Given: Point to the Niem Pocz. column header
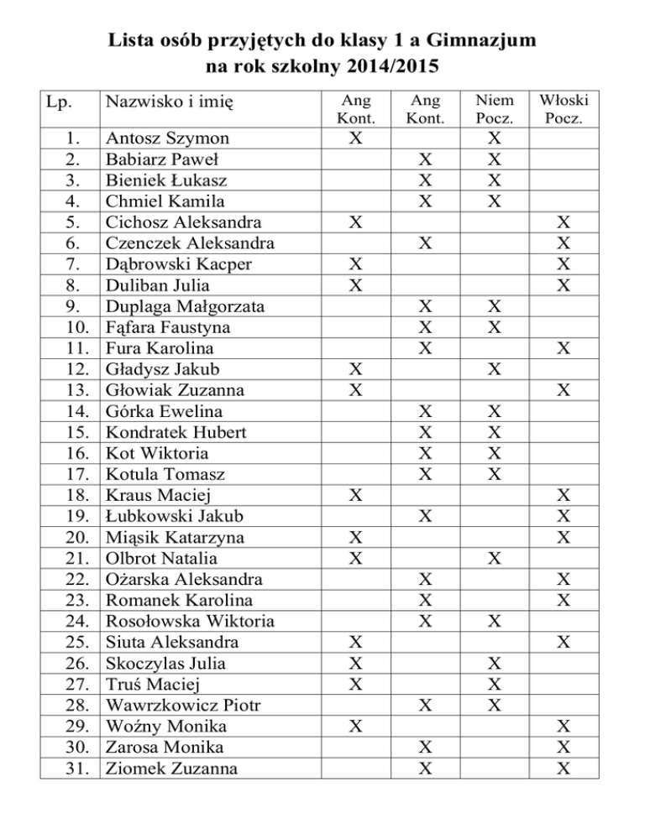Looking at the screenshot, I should (x=496, y=108).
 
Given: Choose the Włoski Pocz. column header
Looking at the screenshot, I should (x=566, y=108).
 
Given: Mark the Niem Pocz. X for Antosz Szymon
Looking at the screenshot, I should (x=496, y=138).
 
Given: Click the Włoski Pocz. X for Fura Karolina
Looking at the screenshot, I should (x=566, y=347).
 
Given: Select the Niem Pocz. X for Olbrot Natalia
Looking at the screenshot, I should (x=496, y=558).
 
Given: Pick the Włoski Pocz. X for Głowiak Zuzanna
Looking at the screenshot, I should (x=566, y=389).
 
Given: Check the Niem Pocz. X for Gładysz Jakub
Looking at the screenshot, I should (x=496, y=368).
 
